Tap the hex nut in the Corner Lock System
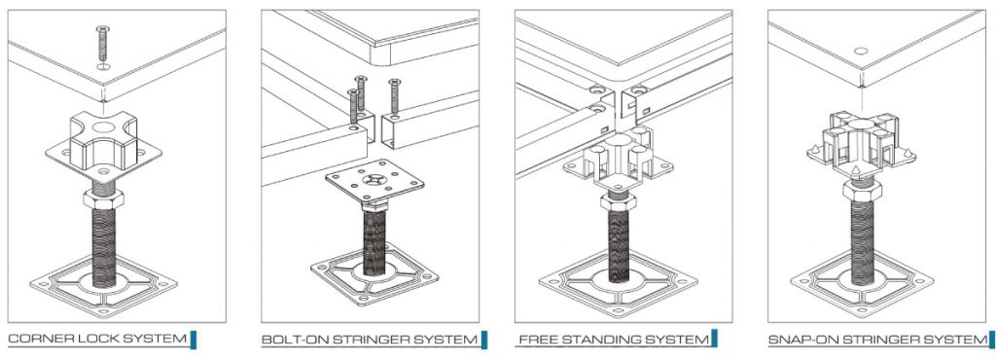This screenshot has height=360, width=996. click(103, 198)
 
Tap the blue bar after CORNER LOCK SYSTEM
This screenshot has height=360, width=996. click(194, 340)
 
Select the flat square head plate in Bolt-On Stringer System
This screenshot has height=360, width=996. click(374, 184)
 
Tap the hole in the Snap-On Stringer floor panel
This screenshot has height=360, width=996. click(861, 51)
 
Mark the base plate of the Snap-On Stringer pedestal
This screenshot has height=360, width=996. click(862, 282)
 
